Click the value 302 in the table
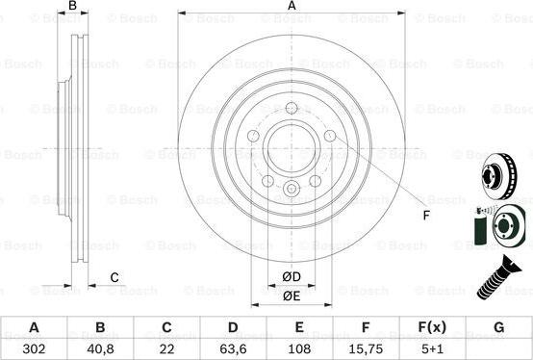[34, 347]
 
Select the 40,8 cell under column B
[100, 347]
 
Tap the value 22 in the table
[165, 347]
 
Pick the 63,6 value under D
[232, 347]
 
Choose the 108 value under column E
[298, 347]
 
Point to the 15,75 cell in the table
[365, 347]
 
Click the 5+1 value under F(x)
[431, 347]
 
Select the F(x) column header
[431, 327]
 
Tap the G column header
[497, 327]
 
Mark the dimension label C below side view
[114, 278]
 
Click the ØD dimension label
[292, 278]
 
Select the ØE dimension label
[292, 297]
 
